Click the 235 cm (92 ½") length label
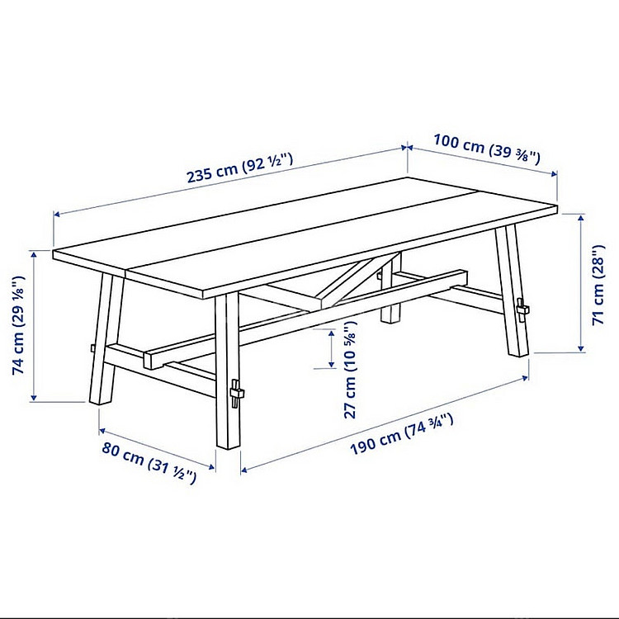(x=240, y=168)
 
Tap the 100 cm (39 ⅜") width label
(x=487, y=149)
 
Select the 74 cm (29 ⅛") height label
(x=18, y=325)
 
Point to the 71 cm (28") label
(x=599, y=285)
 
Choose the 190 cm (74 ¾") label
(x=401, y=434)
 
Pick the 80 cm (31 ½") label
(x=149, y=463)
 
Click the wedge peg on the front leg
(x=237, y=394)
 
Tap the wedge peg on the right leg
(x=522, y=309)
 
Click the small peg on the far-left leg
(x=92, y=348)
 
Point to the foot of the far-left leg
(x=100, y=401)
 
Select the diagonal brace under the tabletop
(x=356, y=281)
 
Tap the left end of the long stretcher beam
(x=147, y=360)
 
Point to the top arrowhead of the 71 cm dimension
(x=581, y=218)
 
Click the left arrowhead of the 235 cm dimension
(x=57, y=215)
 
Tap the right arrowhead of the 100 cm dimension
(x=554, y=173)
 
